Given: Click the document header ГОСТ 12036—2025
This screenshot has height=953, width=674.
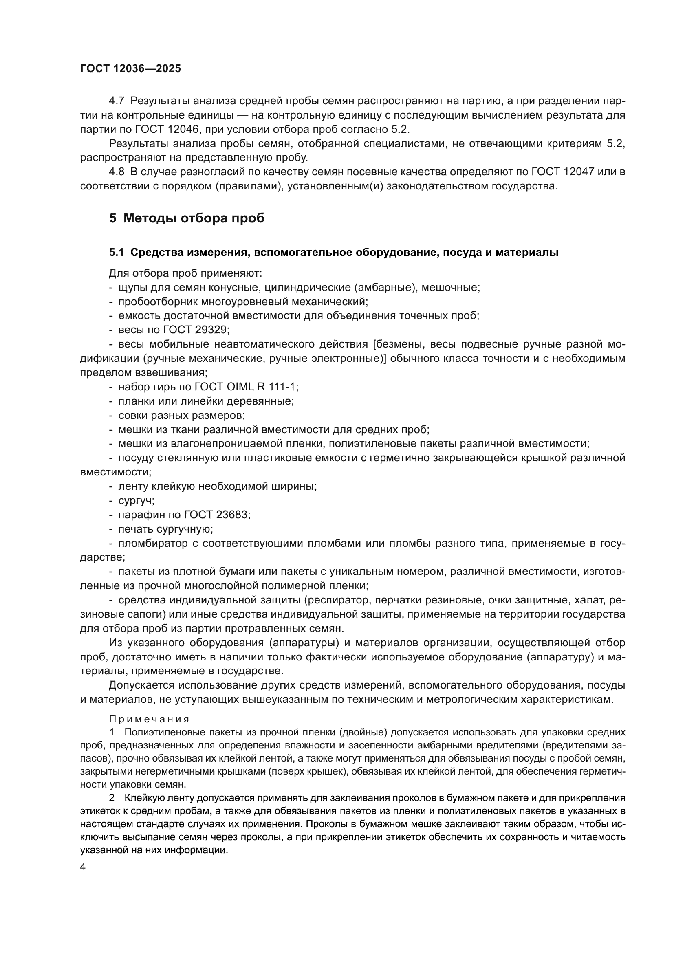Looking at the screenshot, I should coord(131,69).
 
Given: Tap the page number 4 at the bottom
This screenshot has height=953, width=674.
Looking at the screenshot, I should coord(83,867).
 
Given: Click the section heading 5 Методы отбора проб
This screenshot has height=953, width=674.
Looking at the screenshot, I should coord(187,218).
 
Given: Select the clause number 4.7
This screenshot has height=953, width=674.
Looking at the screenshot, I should coord(117,101).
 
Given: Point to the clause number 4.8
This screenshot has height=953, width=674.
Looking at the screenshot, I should coord(117,172).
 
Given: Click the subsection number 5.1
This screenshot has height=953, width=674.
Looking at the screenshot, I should coord(117,252).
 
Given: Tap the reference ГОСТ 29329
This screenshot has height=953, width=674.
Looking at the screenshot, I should coord(195,330).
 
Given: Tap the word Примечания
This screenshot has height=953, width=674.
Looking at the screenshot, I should coord(150,719).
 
